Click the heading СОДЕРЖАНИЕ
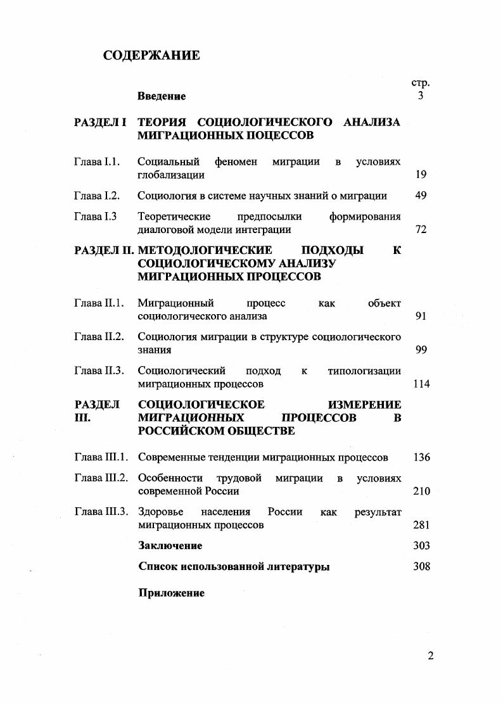(151, 56)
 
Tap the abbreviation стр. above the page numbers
(421, 83)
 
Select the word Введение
(162, 96)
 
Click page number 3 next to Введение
(421, 96)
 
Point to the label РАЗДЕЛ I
(101, 122)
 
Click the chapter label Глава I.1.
(97, 162)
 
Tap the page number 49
(421, 196)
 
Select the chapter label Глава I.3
(96, 216)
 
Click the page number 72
(421, 229)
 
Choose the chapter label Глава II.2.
(99, 336)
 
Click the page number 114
(421, 384)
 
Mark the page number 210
(421, 491)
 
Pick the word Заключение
(170, 546)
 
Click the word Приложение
(171, 593)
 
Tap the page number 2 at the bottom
(431, 655)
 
